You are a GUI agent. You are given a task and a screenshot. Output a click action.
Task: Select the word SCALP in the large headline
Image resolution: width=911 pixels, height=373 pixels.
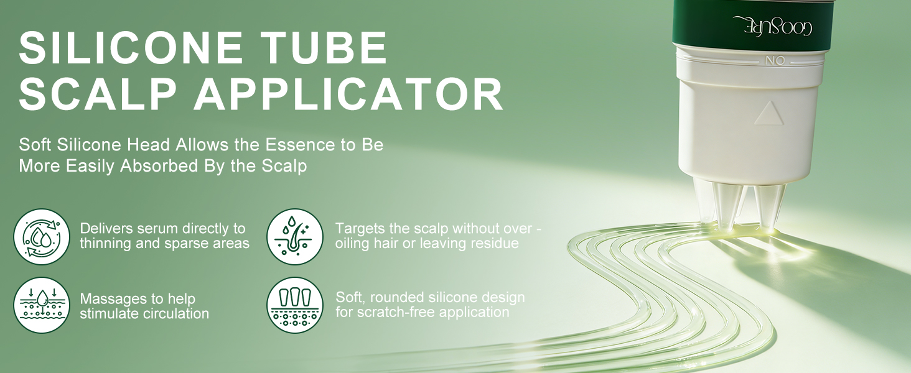click(x=97, y=94)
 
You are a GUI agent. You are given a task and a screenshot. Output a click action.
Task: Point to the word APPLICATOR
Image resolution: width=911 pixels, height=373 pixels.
click(x=348, y=94)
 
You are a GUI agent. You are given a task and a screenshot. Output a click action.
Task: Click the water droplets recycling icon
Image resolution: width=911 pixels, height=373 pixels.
click(x=42, y=236)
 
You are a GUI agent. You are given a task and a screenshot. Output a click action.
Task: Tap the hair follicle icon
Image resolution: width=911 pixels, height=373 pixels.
click(x=295, y=236)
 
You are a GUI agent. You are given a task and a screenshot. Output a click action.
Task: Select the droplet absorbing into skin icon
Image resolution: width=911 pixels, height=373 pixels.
click(x=42, y=305)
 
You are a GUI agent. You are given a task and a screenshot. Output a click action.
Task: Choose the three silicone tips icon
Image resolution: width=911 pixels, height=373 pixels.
click(x=295, y=305)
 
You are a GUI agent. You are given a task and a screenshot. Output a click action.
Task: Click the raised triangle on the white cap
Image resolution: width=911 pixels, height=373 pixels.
click(x=769, y=114)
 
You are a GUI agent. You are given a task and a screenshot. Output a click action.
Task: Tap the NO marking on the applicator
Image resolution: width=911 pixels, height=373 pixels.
click(x=775, y=60)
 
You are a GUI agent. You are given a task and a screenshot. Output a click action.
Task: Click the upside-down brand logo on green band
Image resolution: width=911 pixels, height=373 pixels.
click(x=772, y=26)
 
